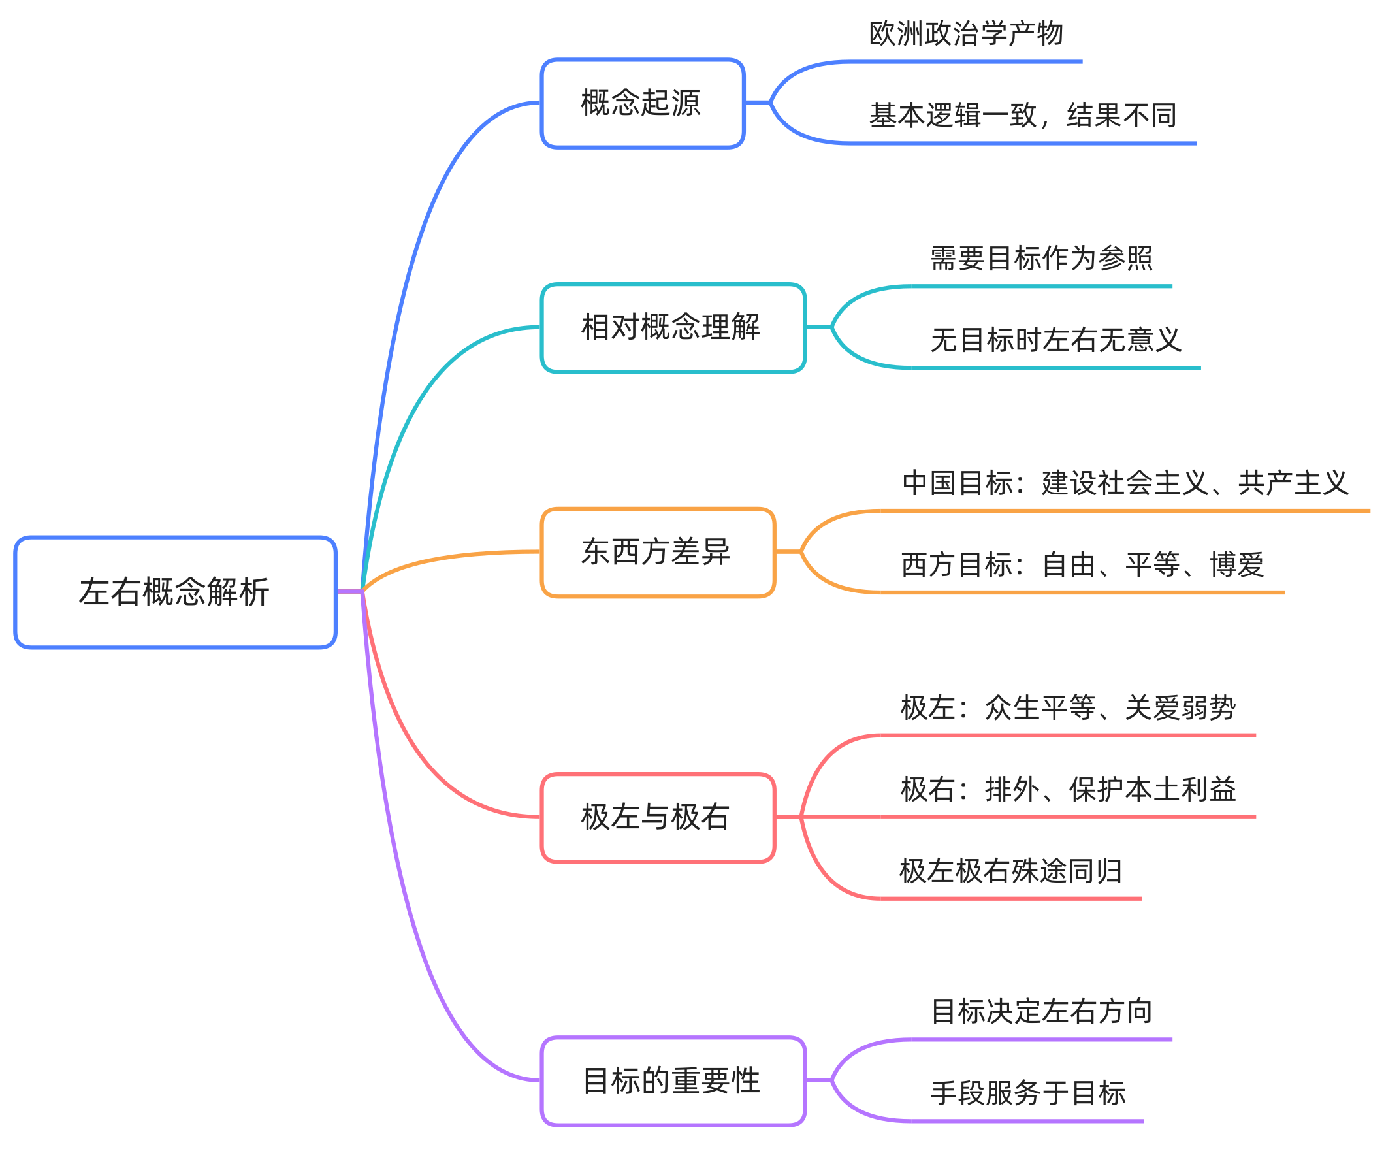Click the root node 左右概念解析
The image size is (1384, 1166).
pos(175,592)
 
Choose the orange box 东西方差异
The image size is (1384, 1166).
pos(657,552)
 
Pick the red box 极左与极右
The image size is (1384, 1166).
pos(657,817)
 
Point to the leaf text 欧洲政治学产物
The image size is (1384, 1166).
pos(965,34)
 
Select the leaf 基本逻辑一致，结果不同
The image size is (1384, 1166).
pos(1022,116)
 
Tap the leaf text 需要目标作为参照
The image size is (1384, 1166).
pos(1041,259)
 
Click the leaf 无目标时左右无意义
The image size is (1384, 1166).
pos(1055,340)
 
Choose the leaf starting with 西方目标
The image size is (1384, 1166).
pos(1082,564)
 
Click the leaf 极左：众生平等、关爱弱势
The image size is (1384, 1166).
pos(1067,708)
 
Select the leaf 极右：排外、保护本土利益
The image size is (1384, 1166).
pos(1067,789)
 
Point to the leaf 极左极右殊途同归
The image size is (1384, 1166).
pos(1010,871)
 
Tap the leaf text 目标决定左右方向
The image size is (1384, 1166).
pos(1041,1012)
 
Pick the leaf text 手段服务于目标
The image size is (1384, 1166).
pos(1027,1093)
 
